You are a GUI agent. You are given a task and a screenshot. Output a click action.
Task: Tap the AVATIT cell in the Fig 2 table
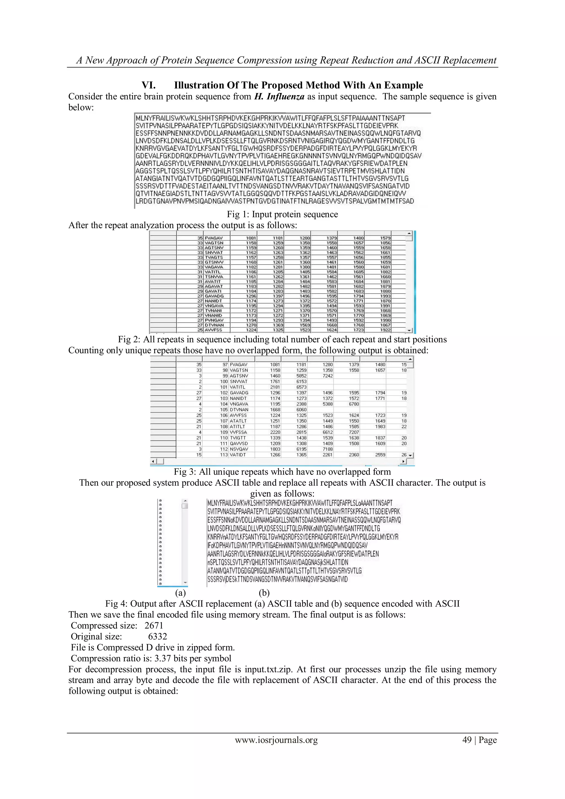tap(213, 282)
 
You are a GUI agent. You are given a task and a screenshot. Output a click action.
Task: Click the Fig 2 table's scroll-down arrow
tap(409, 330)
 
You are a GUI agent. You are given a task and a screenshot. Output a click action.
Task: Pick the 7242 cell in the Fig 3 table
tap(327, 376)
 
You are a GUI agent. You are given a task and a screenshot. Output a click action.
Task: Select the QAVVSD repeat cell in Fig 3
tap(238, 443)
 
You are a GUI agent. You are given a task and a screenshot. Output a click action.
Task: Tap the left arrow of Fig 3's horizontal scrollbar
tap(153, 461)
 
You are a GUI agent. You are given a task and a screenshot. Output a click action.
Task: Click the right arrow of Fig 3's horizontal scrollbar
tap(404, 461)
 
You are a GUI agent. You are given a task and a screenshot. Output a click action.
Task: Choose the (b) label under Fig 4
tap(264, 593)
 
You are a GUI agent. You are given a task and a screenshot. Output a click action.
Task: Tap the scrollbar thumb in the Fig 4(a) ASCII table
tap(185, 506)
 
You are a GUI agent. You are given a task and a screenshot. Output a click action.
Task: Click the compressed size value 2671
tap(154, 625)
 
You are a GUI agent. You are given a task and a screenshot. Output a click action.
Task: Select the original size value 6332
tap(157, 636)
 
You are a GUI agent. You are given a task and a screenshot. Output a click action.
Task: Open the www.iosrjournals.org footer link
tap(276, 740)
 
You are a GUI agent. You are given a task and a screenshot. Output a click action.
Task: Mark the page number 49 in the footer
tap(467, 740)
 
